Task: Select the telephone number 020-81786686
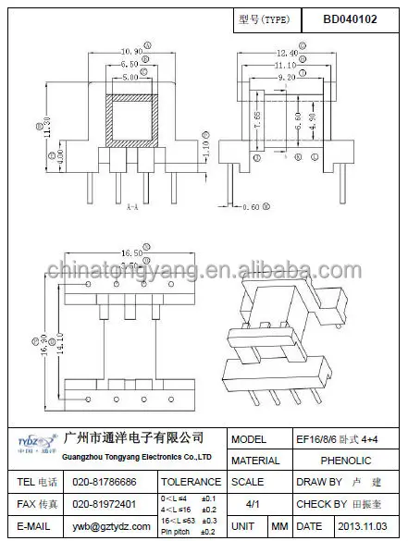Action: tap(105, 482)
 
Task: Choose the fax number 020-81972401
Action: tap(105, 505)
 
